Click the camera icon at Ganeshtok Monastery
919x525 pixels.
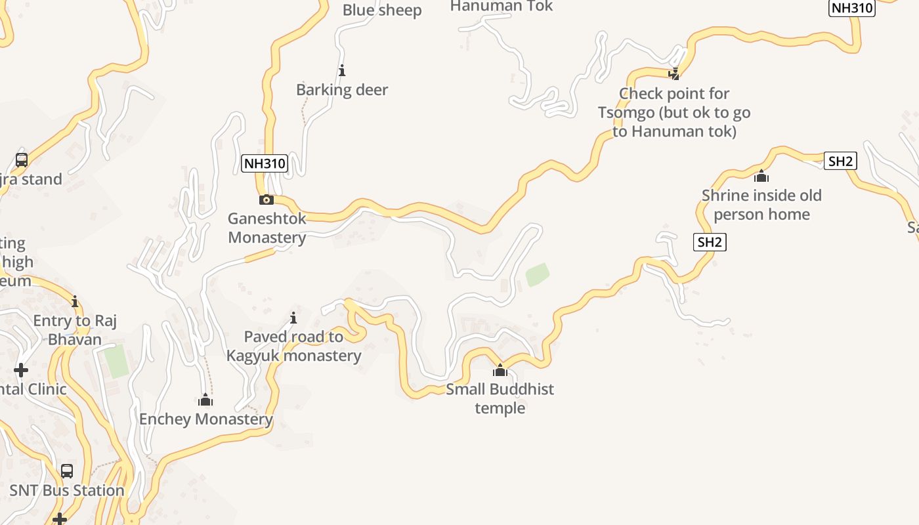(266, 199)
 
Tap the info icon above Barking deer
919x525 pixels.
(341, 70)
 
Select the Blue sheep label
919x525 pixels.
(381, 10)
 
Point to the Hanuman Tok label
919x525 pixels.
(502, 7)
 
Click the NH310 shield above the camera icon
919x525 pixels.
(265, 163)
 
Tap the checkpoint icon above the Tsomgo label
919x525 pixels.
(673, 73)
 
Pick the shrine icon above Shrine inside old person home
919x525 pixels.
(761, 176)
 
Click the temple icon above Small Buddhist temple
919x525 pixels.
(500, 370)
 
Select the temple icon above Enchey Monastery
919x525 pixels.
(205, 400)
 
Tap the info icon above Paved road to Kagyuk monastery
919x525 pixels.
(293, 318)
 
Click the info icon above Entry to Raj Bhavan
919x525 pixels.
(75, 302)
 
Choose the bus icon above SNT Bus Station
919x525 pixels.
(67, 471)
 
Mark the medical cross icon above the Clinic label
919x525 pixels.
(21, 370)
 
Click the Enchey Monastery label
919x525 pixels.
(205, 419)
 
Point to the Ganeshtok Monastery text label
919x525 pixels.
(267, 228)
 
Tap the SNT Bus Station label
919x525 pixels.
(67, 490)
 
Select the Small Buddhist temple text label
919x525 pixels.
(500, 398)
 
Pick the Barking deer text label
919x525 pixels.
(342, 89)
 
